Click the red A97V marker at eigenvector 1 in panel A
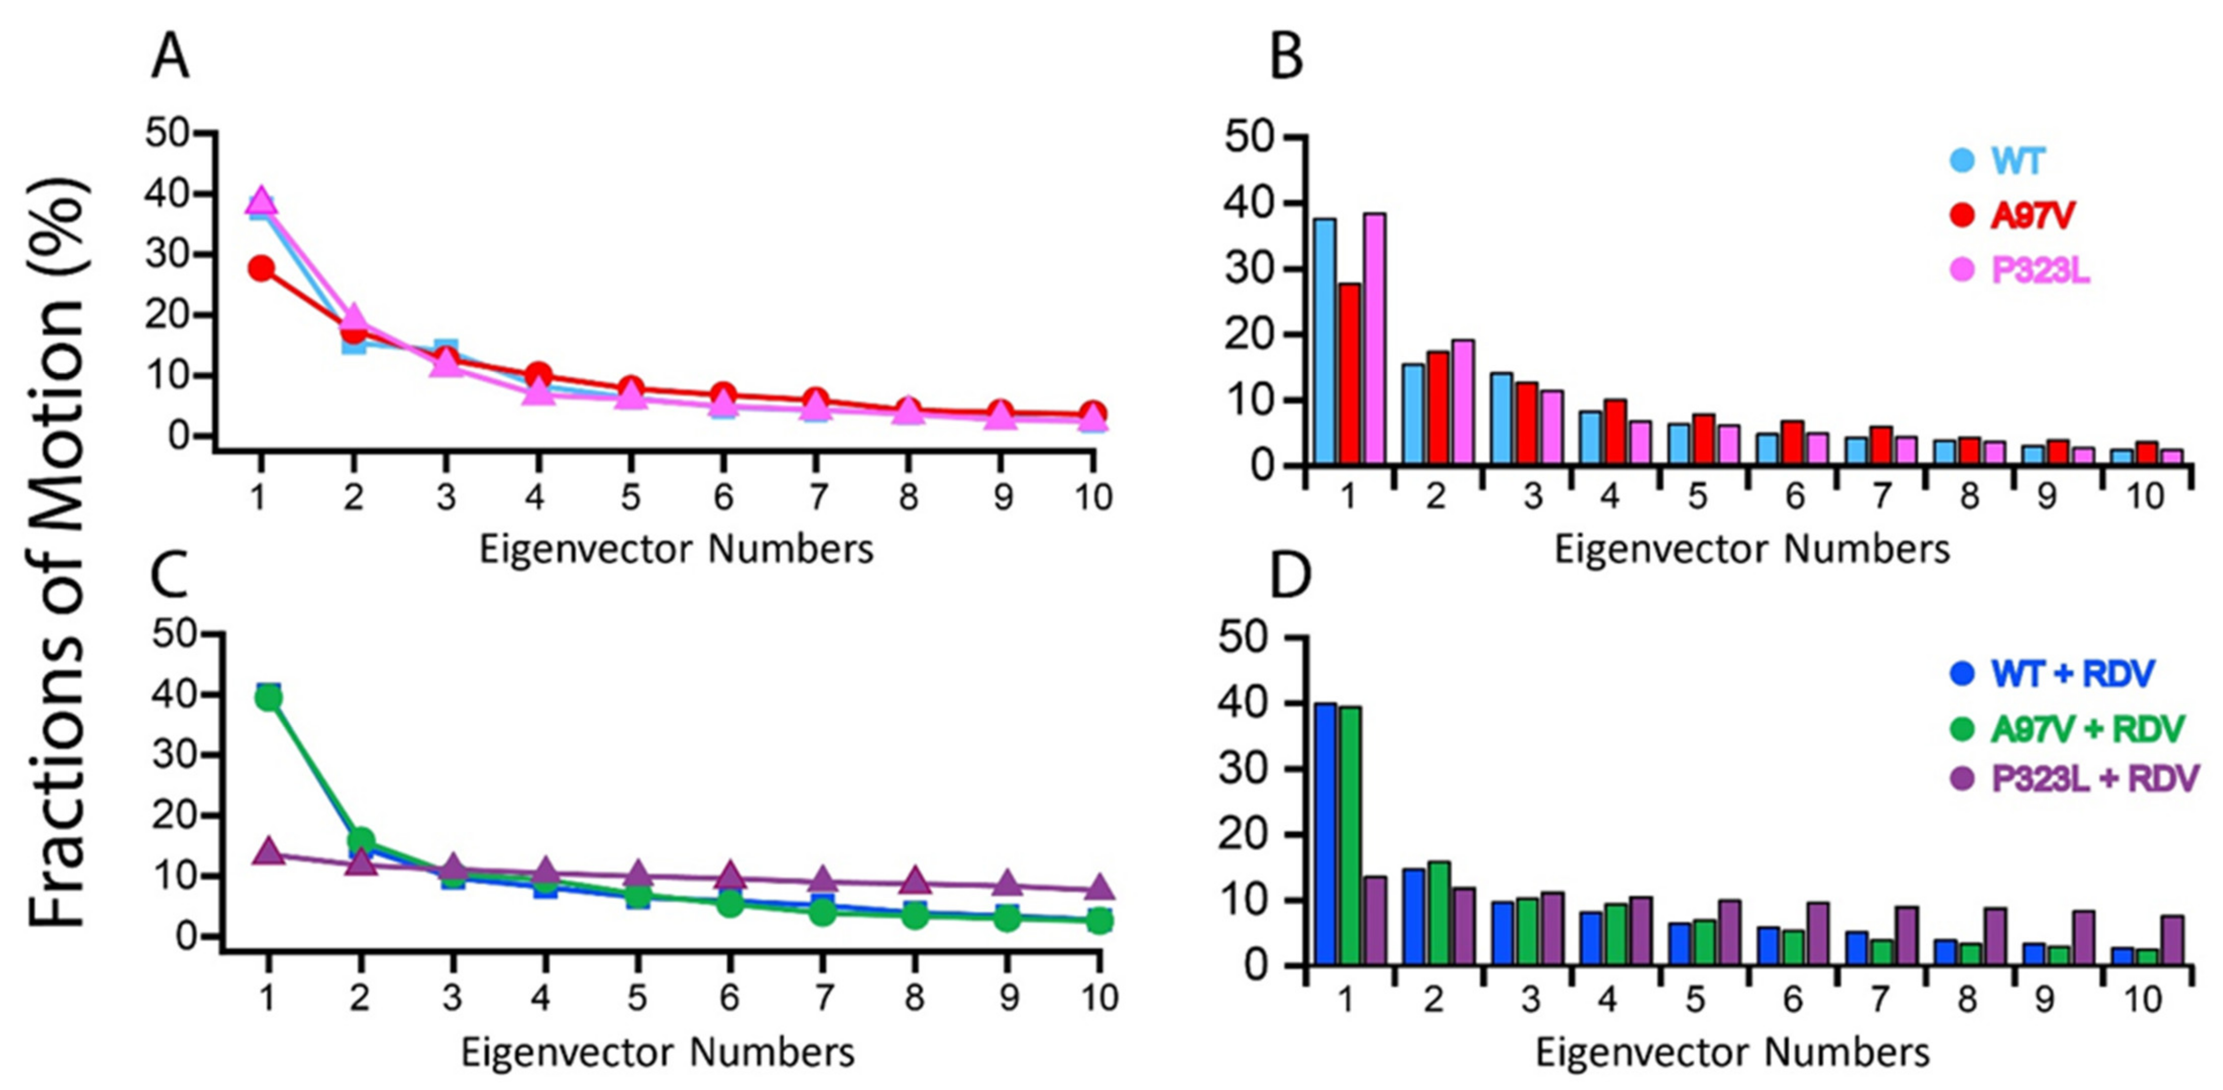[261, 268]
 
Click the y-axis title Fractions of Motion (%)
[59, 552]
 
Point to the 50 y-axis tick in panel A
[169, 134]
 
